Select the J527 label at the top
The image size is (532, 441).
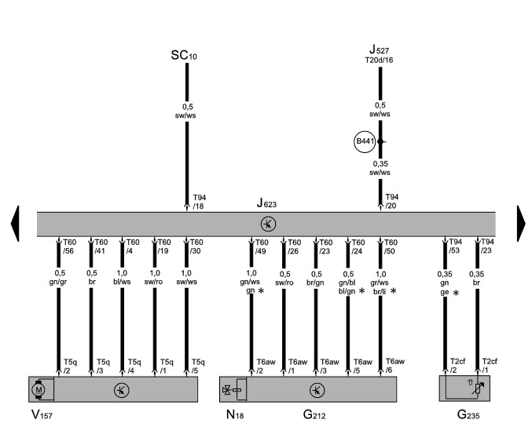(x=381, y=50)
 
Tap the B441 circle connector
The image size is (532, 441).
(x=365, y=141)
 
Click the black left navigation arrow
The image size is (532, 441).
(x=15, y=223)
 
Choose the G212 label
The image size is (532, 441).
(x=317, y=413)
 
